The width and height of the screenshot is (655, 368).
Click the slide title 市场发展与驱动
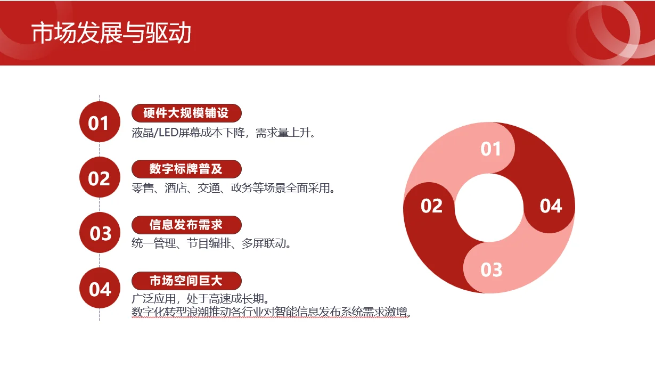point(111,33)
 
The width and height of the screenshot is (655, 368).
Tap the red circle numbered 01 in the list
point(99,122)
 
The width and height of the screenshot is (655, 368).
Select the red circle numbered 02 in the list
point(99,178)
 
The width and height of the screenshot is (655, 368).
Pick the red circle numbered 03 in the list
point(99,233)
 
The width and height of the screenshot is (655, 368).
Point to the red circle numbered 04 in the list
point(99,289)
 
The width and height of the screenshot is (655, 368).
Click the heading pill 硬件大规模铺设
point(186,113)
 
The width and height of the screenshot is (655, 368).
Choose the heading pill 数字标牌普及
point(186,169)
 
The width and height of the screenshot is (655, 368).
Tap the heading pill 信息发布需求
point(186,224)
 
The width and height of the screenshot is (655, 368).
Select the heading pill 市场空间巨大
point(186,280)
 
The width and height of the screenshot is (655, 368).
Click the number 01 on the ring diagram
point(490,149)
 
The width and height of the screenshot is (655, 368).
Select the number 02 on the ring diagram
point(431,206)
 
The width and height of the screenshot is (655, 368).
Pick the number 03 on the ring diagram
point(491,269)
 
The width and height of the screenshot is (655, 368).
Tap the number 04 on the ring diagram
point(551,206)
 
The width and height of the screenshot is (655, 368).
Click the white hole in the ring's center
point(489,208)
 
